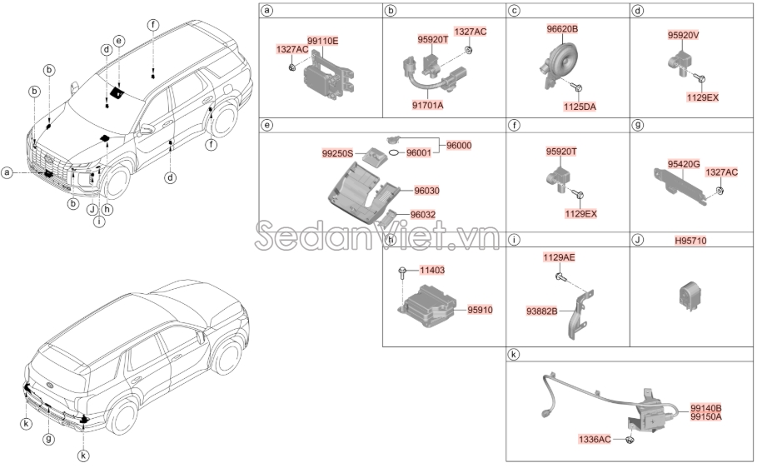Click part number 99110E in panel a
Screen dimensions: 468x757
tap(323, 40)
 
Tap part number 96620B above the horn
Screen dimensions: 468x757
tap(562, 29)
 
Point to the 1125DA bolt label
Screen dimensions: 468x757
tap(581, 107)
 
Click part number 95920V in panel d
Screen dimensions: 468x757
tap(684, 36)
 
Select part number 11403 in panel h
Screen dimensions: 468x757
tap(432, 271)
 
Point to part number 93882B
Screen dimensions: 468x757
tap(542, 311)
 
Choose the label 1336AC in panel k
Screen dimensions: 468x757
tap(595, 438)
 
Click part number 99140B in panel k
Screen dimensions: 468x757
tap(705, 408)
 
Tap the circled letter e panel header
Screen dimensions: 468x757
tap(267, 125)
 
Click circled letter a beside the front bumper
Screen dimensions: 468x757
tap(7, 173)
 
